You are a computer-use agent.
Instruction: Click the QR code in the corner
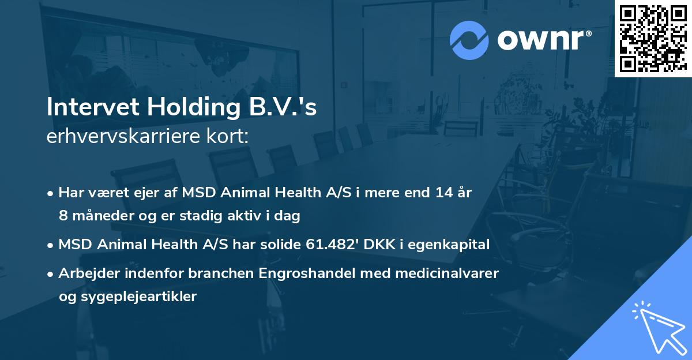pos(652,38)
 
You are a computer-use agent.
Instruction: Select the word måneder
pos(100,216)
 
